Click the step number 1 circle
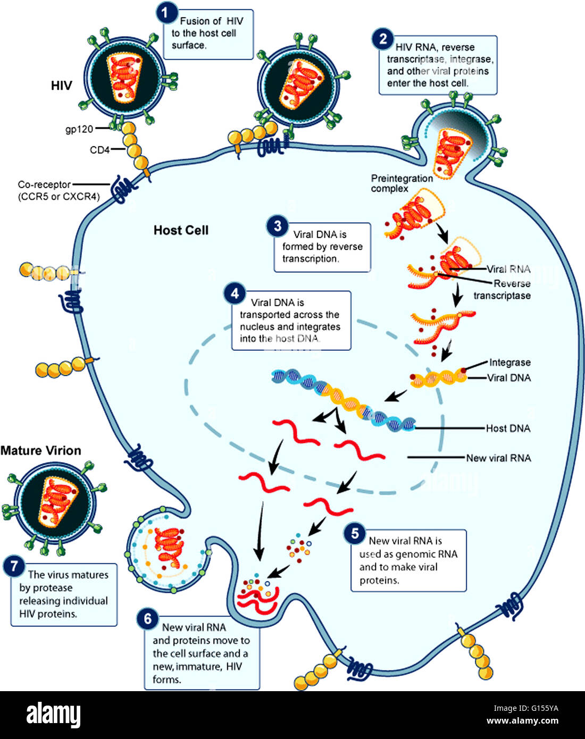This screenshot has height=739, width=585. pyautogui.click(x=166, y=12)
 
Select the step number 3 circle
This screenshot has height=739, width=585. pyautogui.click(x=277, y=226)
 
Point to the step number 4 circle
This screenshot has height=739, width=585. pyautogui.click(x=235, y=293)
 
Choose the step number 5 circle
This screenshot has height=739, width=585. pyautogui.click(x=355, y=533)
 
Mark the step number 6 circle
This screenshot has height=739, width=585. pyautogui.click(x=148, y=619)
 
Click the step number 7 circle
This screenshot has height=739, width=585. pyautogui.click(x=14, y=567)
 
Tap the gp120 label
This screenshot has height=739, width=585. pyautogui.click(x=79, y=129)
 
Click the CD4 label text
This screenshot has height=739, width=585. pyautogui.click(x=99, y=150)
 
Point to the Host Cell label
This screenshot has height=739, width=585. pyautogui.click(x=181, y=230)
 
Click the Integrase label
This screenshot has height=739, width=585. pyautogui.click(x=509, y=363)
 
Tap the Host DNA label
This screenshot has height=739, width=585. pyautogui.click(x=508, y=428)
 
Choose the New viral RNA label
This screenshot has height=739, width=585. pyautogui.click(x=498, y=458)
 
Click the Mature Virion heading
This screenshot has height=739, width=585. pyautogui.click(x=41, y=450)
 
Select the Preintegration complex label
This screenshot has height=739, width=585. pyautogui.click(x=402, y=183)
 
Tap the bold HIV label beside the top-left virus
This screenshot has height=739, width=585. pyautogui.click(x=61, y=86)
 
